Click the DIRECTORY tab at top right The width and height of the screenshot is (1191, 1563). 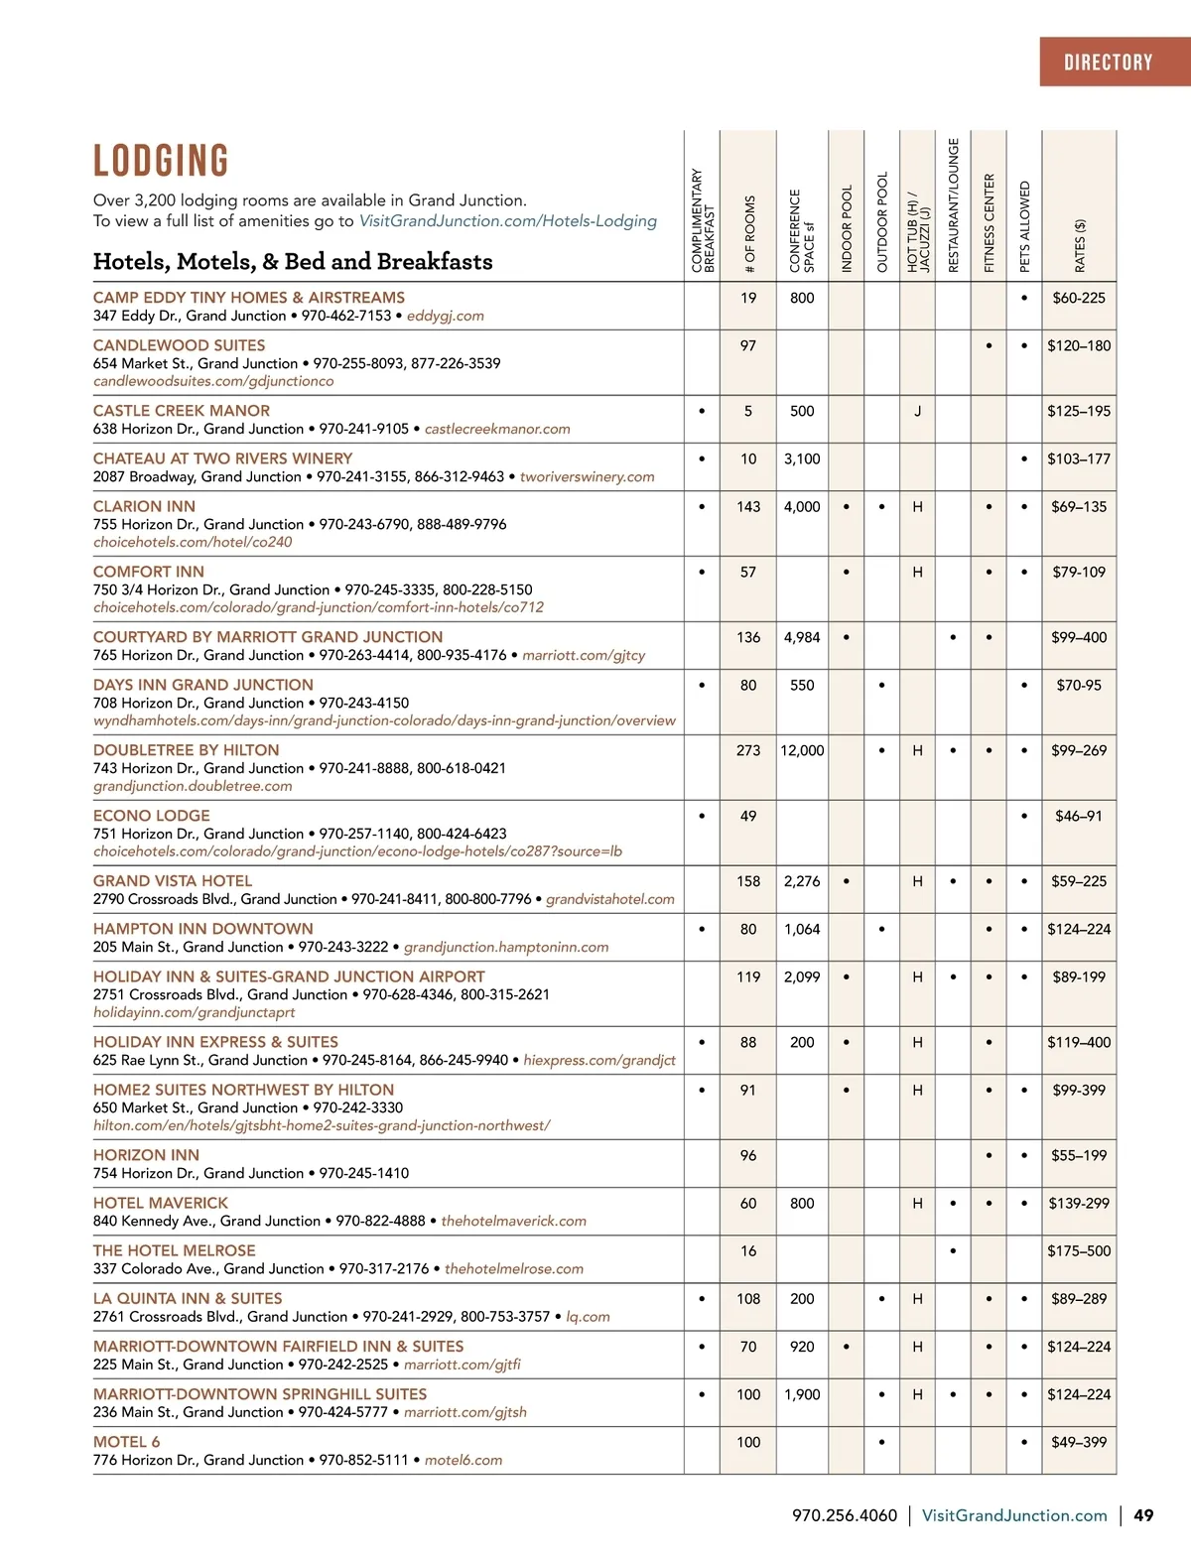pyautogui.click(x=1108, y=63)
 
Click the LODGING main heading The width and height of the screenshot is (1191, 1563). pyautogui.click(x=161, y=161)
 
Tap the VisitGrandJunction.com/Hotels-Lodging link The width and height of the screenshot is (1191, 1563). pyautogui.click(x=507, y=221)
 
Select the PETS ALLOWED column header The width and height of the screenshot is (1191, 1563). pyautogui.click(x=1024, y=226)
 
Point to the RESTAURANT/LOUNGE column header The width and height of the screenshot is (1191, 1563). pyautogui.click(x=953, y=204)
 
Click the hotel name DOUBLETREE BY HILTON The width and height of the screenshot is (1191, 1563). pyautogui.click(x=186, y=750)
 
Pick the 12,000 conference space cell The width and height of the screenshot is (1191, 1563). pyautogui.click(x=802, y=750)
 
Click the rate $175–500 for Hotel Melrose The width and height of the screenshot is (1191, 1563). pyautogui.click(x=1079, y=1250)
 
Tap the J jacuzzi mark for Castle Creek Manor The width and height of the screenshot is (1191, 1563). pyautogui.click(x=917, y=411)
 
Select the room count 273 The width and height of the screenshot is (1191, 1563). pyautogui.click(x=748, y=750)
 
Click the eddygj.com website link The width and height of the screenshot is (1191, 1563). pyautogui.click(x=446, y=316)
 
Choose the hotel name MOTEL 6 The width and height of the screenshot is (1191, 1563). pyautogui.click(x=126, y=1442)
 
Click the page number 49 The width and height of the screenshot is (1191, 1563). pyautogui.click(x=1143, y=1515)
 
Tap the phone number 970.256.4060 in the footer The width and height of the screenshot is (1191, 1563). pyautogui.click(x=844, y=1515)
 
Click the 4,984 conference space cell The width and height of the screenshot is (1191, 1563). pyautogui.click(x=802, y=637)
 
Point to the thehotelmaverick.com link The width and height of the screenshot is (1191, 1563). pyautogui.click(x=513, y=1221)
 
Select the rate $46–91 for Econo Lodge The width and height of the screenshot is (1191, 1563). pyautogui.click(x=1079, y=816)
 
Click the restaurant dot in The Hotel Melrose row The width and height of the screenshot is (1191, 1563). pyautogui.click(x=953, y=1250)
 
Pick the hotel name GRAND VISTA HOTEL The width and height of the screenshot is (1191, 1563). pyautogui.click(x=173, y=881)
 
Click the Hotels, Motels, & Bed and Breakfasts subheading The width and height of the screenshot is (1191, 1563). pyautogui.click(x=293, y=262)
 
